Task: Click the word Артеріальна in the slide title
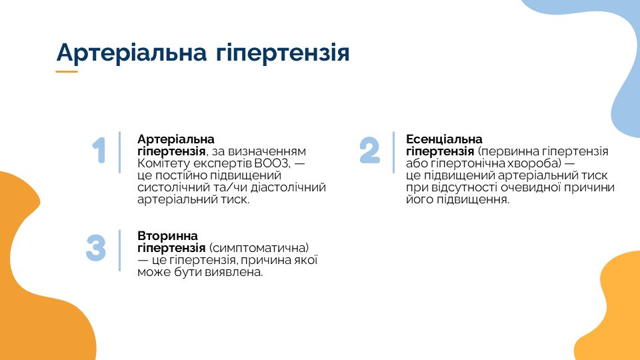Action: coord(131,53)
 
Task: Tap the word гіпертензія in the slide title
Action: coord(283,54)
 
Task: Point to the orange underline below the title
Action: coord(67,71)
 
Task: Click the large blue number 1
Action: coord(99,150)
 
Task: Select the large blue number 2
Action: coord(370,150)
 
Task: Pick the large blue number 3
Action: coord(96,247)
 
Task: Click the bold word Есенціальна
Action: coord(444,139)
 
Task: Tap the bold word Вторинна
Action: coord(167,236)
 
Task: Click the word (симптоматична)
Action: coord(259,248)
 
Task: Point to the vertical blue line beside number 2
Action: coord(393,152)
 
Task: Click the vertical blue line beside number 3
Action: coord(119,250)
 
